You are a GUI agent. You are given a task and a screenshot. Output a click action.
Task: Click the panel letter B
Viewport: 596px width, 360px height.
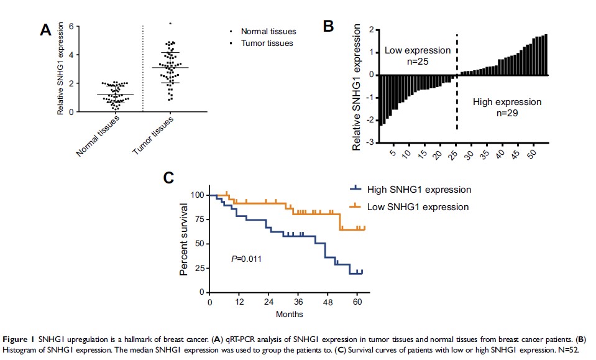[x=329, y=25]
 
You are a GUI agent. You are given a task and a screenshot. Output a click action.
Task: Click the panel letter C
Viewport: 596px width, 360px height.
[x=168, y=177]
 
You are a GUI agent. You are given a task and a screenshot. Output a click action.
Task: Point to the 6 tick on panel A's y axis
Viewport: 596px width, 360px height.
[x=72, y=26]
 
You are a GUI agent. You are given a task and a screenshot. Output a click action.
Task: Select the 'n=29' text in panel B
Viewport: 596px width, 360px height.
[x=507, y=114]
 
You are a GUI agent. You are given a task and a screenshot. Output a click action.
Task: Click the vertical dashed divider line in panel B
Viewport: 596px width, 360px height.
[x=457, y=81]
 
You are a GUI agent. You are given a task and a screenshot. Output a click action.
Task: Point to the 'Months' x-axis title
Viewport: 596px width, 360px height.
[x=290, y=314]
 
